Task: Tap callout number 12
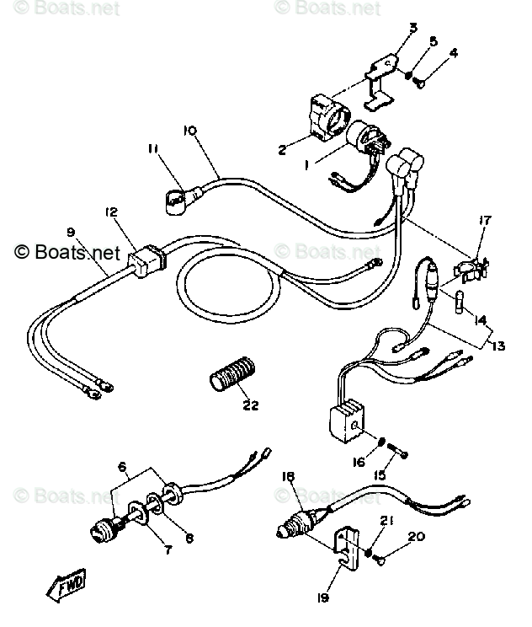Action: pos(112,212)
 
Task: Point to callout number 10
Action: pos(189,131)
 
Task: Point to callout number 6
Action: pos(122,467)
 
